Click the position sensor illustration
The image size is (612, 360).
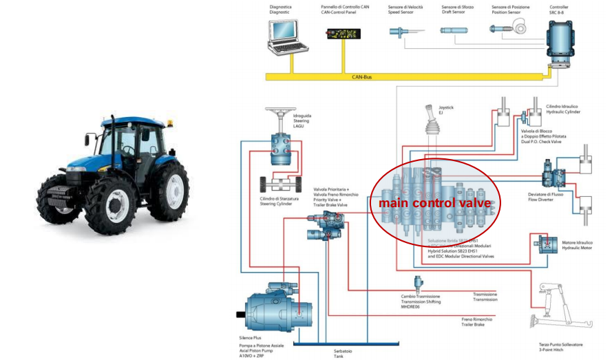click(508, 30)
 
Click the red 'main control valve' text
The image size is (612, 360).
click(434, 203)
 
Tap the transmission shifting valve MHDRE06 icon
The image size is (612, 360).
click(417, 283)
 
